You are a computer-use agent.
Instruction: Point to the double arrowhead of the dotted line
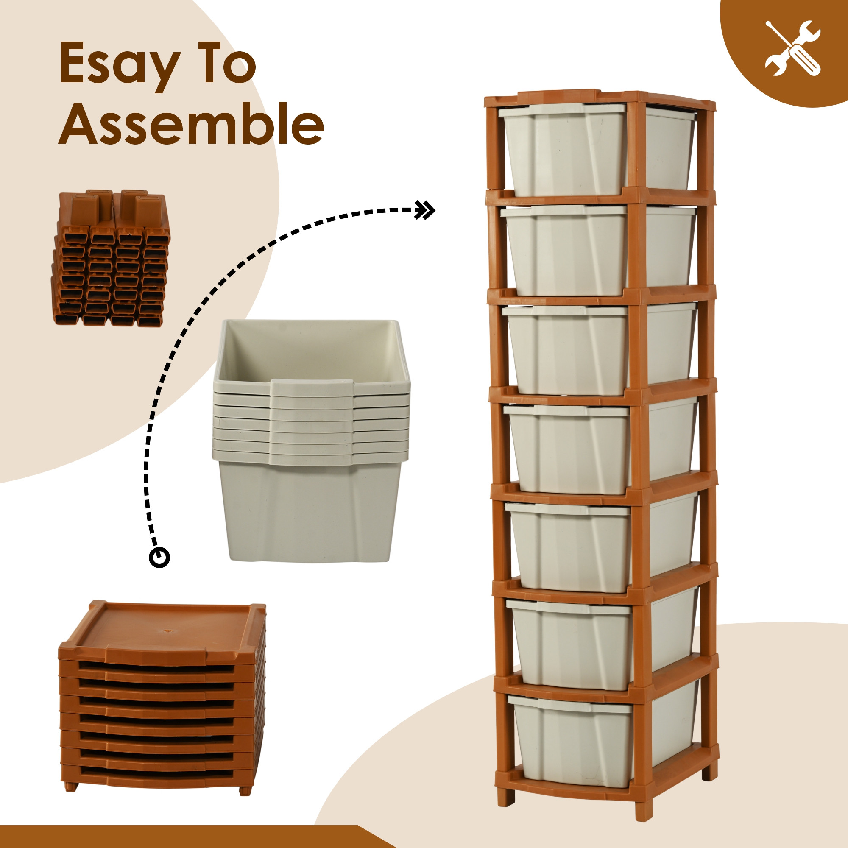pyautogui.click(x=425, y=210)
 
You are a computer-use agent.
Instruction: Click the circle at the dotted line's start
pyautogui.click(x=159, y=558)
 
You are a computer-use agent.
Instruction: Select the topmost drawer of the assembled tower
pyautogui.click(x=597, y=148)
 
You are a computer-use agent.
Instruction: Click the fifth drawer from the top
pyautogui.click(x=601, y=545)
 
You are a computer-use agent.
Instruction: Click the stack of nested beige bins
pyautogui.click(x=311, y=440)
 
